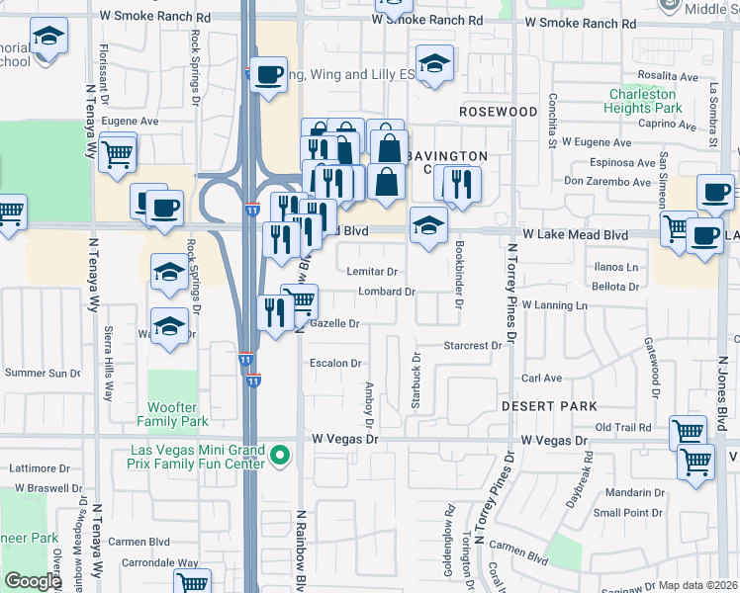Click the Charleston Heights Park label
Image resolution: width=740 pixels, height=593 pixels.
644,101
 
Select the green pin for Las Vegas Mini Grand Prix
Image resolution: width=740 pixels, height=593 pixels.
281,456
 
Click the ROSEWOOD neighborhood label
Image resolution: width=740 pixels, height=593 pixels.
498,112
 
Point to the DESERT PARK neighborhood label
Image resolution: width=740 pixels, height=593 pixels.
548,406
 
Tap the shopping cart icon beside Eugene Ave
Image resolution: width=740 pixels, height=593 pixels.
118,152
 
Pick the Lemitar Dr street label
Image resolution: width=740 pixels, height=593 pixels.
372,271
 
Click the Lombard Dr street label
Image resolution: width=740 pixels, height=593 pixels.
386,292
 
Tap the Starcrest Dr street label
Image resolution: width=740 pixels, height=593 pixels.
473,346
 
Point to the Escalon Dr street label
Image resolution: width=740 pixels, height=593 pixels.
335,363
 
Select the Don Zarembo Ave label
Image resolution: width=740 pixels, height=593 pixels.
609,181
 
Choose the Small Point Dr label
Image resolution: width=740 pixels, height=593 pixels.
628,513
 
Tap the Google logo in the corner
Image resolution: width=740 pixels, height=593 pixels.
32,581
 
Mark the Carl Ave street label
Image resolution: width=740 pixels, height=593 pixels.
542,378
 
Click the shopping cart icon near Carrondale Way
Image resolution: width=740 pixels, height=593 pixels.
192,583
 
